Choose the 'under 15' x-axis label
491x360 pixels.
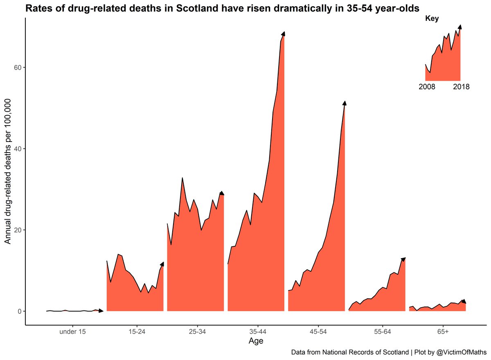click(x=72, y=332)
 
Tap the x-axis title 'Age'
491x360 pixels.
click(x=256, y=341)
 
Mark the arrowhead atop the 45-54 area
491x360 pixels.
click(x=345, y=103)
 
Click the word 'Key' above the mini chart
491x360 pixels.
click(x=431, y=18)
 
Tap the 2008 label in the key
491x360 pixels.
click(x=427, y=87)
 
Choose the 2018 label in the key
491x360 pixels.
click(x=461, y=87)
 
